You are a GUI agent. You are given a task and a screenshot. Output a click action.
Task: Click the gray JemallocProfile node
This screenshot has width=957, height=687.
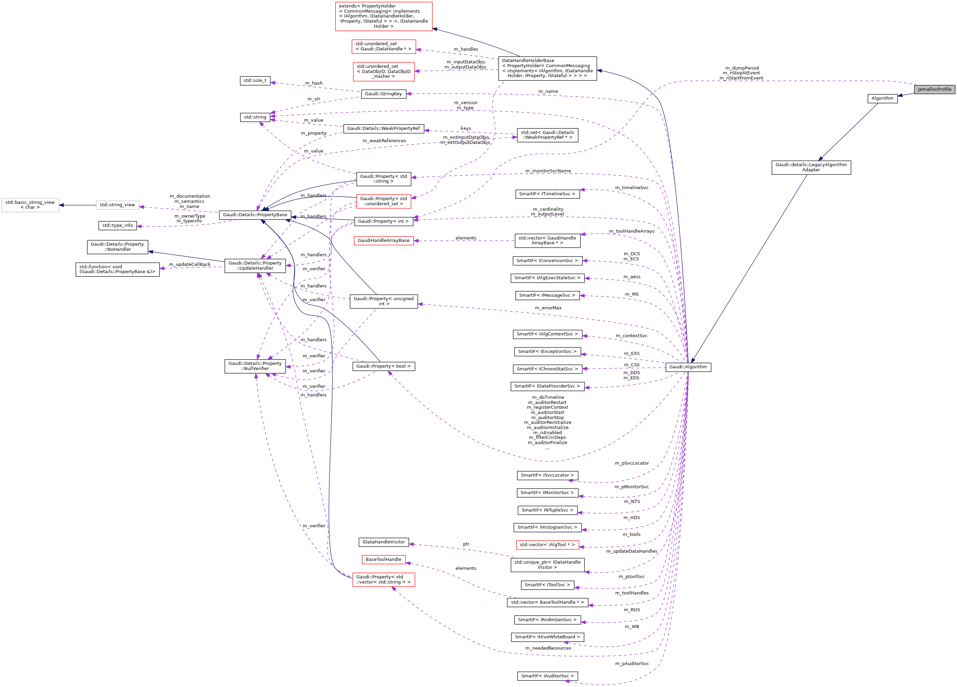(x=934, y=89)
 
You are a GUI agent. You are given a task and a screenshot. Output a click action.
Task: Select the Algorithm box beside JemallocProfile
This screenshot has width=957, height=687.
(x=882, y=98)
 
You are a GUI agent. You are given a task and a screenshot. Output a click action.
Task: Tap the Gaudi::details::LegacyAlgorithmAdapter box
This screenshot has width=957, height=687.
(x=811, y=168)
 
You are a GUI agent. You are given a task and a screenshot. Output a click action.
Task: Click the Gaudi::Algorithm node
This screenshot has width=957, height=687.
(x=688, y=367)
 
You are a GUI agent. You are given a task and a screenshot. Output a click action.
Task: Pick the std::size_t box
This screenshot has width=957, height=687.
(x=255, y=81)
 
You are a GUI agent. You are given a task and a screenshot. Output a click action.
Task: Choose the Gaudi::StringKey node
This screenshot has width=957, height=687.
(x=383, y=94)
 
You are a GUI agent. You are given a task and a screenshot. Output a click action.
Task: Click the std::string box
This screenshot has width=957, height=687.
(x=255, y=117)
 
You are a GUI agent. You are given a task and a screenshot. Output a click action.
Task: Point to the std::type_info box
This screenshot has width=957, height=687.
(x=117, y=225)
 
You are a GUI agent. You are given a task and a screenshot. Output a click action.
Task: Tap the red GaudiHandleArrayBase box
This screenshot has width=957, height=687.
(x=383, y=241)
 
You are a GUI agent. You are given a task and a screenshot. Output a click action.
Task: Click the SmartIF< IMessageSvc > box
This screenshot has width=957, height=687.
(x=547, y=296)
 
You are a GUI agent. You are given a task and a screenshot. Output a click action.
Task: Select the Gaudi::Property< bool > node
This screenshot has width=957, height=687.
(x=383, y=367)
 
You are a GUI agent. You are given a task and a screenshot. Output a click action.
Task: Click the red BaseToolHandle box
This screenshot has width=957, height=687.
(x=383, y=560)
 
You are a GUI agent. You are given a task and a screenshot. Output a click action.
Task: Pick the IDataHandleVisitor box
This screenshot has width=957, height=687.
(x=383, y=542)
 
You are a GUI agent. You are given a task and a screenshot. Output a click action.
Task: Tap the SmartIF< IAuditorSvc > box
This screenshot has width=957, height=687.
(x=547, y=676)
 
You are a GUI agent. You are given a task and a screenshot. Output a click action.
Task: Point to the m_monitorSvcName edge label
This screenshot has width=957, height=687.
(x=548, y=171)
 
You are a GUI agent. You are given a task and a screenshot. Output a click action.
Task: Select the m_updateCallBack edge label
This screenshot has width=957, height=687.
(x=190, y=265)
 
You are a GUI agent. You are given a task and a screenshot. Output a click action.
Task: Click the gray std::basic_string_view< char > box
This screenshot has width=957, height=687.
(x=30, y=205)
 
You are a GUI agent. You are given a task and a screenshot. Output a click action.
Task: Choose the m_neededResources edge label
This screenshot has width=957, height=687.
(x=548, y=648)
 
